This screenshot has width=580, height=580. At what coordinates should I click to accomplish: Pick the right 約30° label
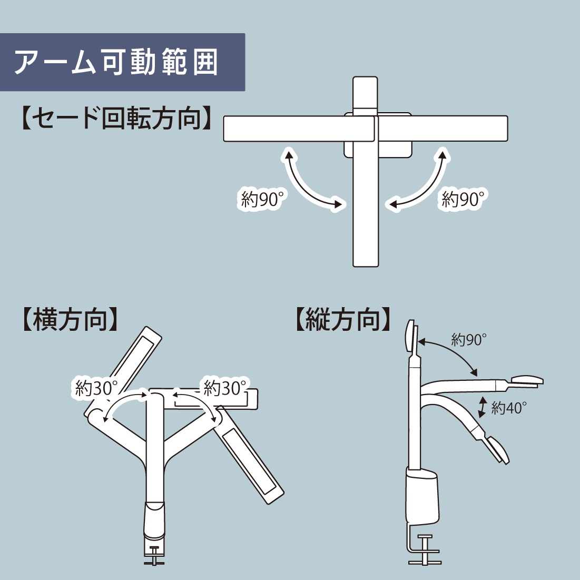225,388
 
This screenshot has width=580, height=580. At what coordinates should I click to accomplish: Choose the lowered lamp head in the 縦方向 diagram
498,449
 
